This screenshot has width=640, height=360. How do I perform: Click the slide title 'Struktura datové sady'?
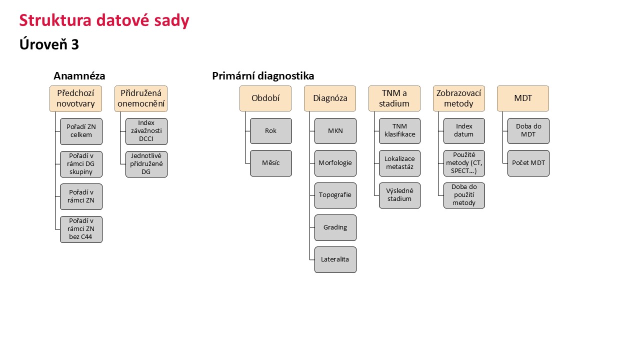pos(104,20)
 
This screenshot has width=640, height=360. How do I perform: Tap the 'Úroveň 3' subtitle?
pos(49,44)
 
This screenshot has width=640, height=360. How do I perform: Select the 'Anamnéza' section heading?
pos(79,76)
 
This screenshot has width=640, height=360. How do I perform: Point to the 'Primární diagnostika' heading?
pos(263,76)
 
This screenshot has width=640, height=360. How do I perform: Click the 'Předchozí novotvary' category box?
pos(75,98)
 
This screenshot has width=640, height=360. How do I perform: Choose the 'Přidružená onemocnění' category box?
pos(141,98)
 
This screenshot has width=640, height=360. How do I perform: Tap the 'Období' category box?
pos(265,98)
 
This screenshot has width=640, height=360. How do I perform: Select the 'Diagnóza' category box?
pos(330,98)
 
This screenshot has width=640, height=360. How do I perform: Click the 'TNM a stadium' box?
pos(394,98)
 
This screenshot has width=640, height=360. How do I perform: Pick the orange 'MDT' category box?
pos(523,98)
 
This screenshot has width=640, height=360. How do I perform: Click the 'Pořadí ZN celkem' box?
pos(81,131)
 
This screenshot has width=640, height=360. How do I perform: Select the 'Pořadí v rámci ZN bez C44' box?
pos(81,229)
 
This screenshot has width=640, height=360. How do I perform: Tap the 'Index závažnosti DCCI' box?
pos(146,131)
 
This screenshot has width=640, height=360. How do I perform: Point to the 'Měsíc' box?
pos(271,163)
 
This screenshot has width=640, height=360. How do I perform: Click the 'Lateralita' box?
pos(335,259)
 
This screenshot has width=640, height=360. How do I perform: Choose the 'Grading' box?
pos(335,227)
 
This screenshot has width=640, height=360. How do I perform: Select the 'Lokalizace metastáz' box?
pos(399,163)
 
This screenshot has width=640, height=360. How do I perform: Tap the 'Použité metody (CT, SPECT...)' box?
pos(464,163)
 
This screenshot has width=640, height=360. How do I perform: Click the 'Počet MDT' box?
pos(528,163)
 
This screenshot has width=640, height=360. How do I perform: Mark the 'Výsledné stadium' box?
pos(399,195)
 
